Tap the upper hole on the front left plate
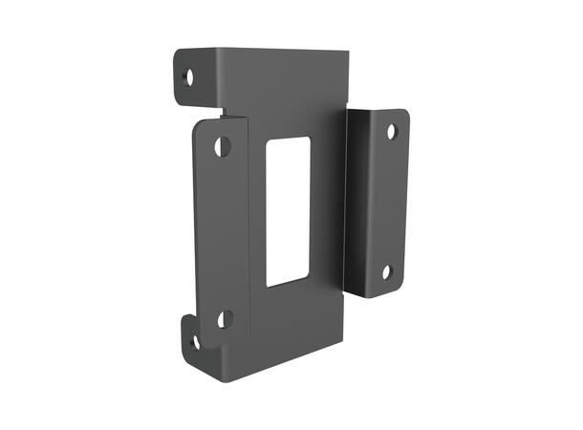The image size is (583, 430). click(x=222, y=146)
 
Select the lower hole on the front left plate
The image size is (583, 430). click(x=225, y=318)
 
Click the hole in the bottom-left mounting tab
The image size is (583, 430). click(x=195, y=341)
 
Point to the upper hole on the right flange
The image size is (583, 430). click(x=391, y=132)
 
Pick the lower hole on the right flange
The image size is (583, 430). click(x=387, y=272)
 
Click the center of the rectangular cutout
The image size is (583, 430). click(x=288, y=211)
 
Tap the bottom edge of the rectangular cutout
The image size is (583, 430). click(x=288, y=283)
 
